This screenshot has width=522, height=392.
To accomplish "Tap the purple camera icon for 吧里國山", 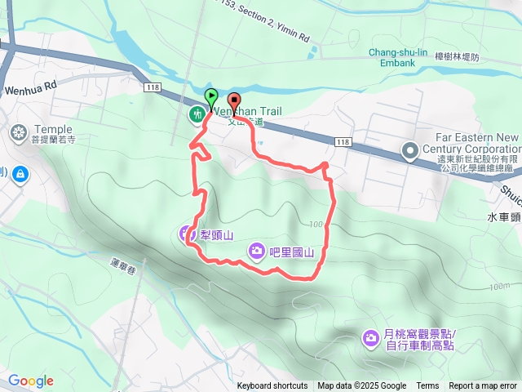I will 257,250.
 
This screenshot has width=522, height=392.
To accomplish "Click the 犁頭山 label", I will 217,235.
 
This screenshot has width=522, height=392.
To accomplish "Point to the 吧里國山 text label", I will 293,252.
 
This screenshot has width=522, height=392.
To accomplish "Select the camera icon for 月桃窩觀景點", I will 370,336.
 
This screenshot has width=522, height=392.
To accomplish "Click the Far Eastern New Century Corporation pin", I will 409,150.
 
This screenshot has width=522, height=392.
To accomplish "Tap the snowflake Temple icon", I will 18,132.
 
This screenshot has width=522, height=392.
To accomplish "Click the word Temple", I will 53,129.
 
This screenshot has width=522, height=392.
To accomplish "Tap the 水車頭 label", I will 503,218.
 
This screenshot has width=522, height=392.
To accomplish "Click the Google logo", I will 31,381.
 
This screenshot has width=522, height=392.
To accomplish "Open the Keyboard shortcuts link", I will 272,386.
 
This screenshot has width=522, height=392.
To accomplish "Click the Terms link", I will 427,386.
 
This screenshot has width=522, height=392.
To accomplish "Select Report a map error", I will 484,386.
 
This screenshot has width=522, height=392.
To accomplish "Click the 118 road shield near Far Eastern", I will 343,142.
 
